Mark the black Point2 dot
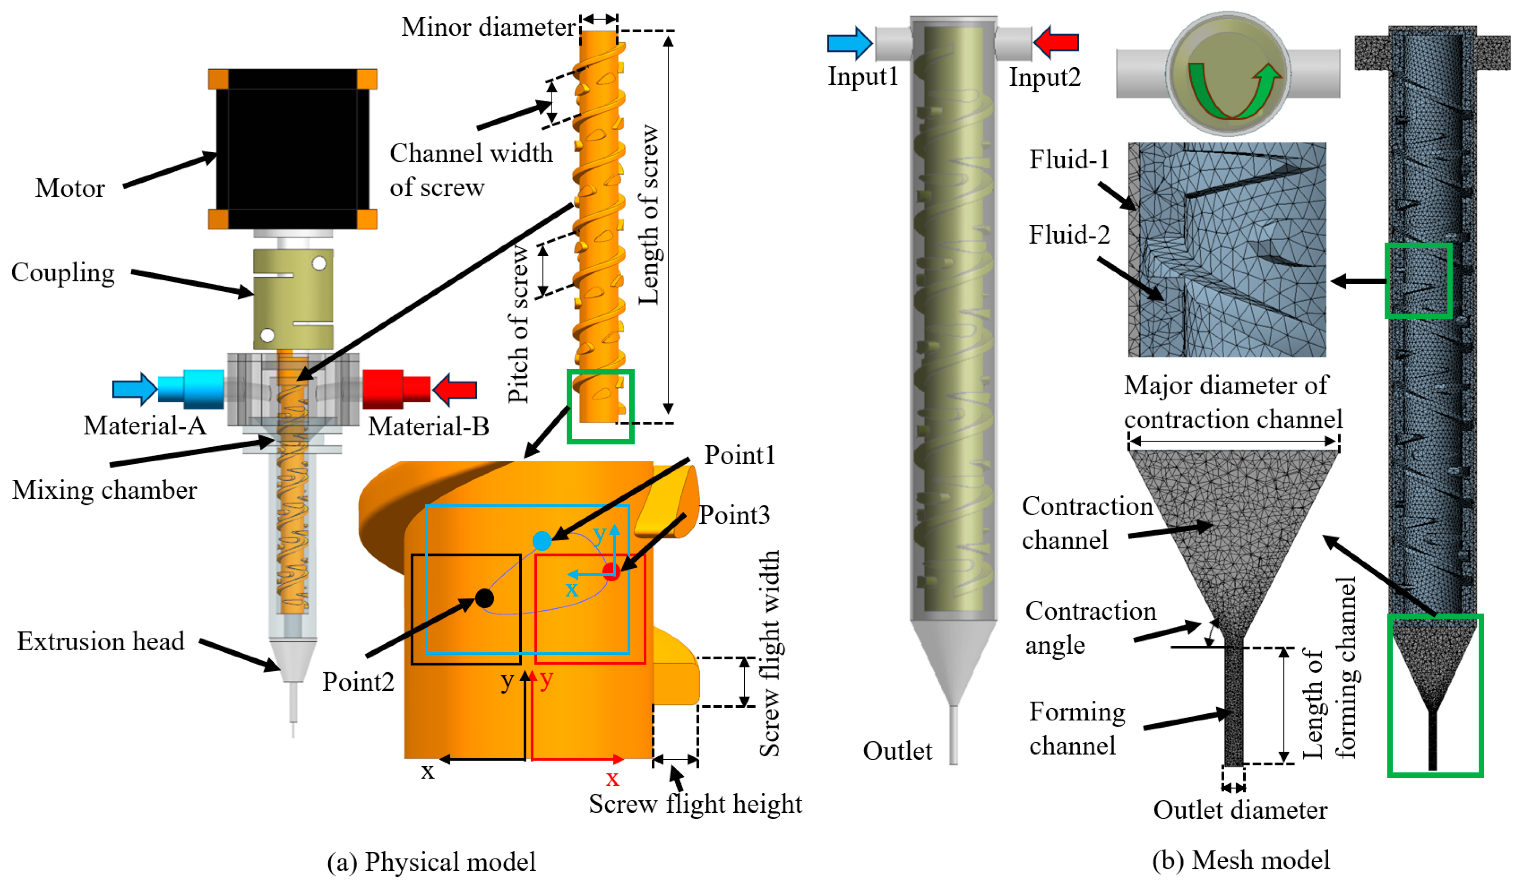point(484,598)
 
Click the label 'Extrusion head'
point(100,641)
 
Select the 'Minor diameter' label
point(488,27)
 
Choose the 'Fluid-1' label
point(1069,160)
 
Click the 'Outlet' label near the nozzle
point(897,751)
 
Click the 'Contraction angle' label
point(1090,628)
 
